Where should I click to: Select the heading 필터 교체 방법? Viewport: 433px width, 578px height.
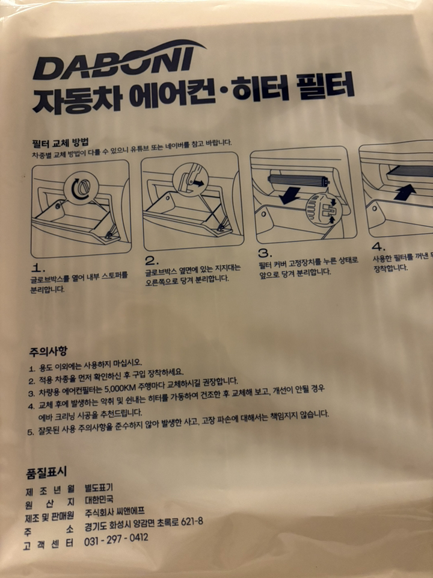click(x=60, y=143)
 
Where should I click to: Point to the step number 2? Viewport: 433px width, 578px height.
click(x=152, y=261)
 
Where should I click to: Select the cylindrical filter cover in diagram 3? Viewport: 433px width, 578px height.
click(x=298, y=179)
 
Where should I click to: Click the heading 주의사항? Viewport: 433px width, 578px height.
click(x=48, y=350)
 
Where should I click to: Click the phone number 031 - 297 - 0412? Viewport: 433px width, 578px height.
click(x=117, y=537)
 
